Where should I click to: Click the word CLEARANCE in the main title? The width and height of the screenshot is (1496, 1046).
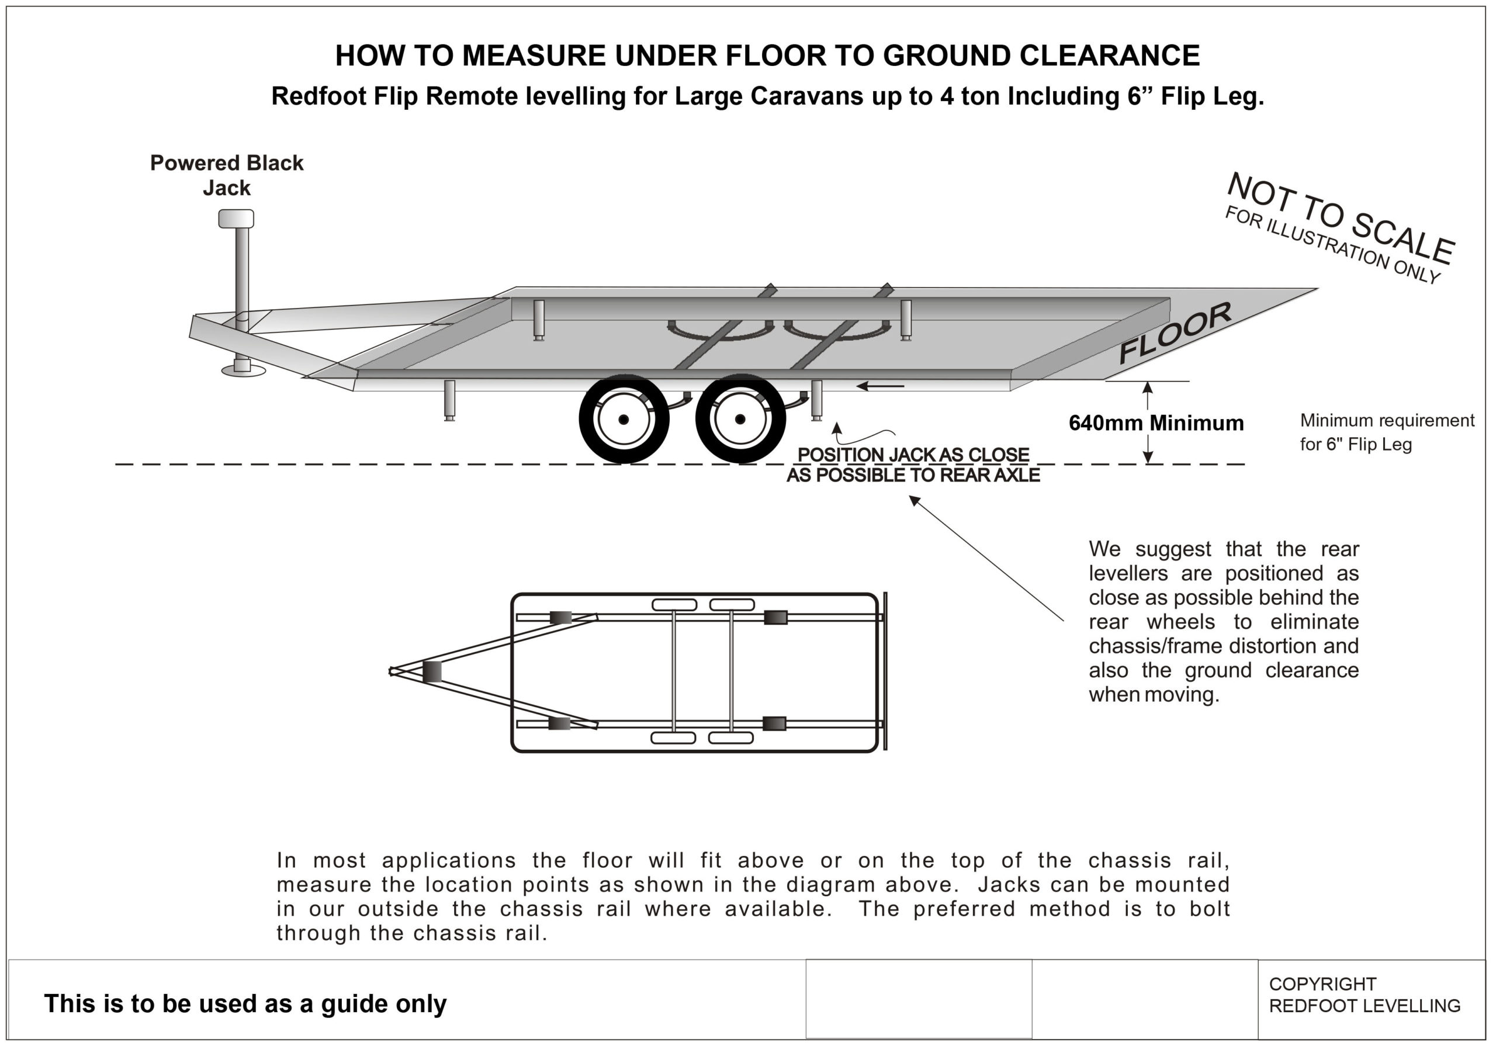coord(1109,56)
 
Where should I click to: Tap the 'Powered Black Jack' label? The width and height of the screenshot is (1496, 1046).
coord(227,175)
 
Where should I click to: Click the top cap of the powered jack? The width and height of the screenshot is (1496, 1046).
coord(236,219)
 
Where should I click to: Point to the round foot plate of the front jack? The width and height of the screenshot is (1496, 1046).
coord(243,370)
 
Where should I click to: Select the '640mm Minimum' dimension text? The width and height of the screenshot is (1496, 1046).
coord(1156,423)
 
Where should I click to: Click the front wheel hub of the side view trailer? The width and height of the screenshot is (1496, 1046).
coord(624,419)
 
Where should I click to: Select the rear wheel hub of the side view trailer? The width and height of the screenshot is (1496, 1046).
coord(740,419)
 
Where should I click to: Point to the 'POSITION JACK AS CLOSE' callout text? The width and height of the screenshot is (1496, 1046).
coord(913,455)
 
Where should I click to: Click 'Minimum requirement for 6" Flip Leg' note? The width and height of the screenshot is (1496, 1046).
coord(1387,432)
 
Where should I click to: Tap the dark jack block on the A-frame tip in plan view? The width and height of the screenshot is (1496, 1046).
coord(431,671)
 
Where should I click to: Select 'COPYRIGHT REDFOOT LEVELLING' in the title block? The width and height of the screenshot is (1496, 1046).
coord(1364,995)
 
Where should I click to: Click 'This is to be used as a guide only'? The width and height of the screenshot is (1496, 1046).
coord(245,1004)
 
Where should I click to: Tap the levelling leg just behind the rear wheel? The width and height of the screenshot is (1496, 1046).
coord(816,400)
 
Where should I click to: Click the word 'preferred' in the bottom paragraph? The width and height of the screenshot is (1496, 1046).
coord(964,909)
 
